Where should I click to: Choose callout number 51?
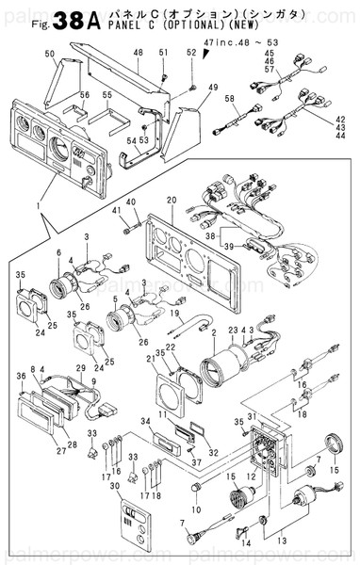coord(163,52)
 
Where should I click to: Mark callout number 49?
coord(201,88)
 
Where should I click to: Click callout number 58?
coord(229,99)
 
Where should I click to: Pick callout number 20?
coord(172,201)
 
